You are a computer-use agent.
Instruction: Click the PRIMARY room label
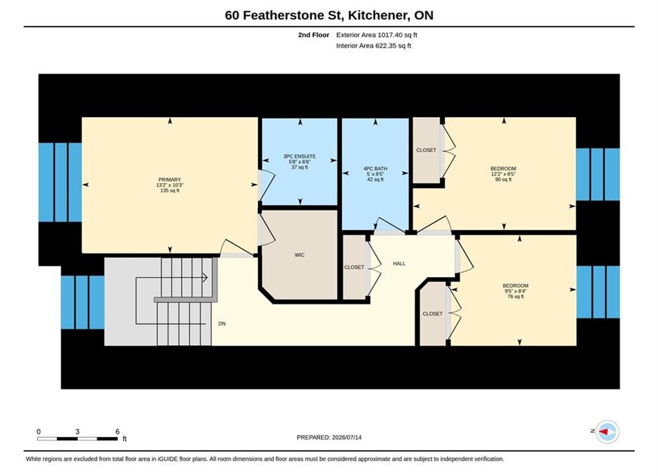tap(169, 180)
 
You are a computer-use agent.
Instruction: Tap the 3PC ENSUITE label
tap(300, 157)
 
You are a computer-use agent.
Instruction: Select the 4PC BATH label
tap(375, 169)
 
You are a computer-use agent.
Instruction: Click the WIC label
tap(300, 255)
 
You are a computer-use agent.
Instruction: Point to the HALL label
tap(399, 264)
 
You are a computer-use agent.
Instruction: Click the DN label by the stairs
tap(222, 324)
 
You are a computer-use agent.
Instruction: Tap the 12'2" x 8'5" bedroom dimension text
tap(503, 174)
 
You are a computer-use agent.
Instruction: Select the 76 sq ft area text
tap(516, 296)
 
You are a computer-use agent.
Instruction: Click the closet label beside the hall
tap(354, 267)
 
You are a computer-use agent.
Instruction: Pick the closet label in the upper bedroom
tap(427, 150)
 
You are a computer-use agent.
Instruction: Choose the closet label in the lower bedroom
tap(432, 314)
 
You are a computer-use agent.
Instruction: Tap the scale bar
tap(77, 439)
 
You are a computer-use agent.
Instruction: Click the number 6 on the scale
tap(118, 432)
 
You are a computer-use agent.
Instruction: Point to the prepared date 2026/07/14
tap(347, 438)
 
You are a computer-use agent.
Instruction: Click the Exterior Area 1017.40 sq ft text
tap(376, 35)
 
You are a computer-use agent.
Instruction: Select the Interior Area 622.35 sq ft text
tap(374, 46)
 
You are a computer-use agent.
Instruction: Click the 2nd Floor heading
tap(313, 35)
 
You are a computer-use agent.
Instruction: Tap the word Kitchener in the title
tap(378, 15)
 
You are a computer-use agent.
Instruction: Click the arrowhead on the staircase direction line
tap(205, 277)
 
